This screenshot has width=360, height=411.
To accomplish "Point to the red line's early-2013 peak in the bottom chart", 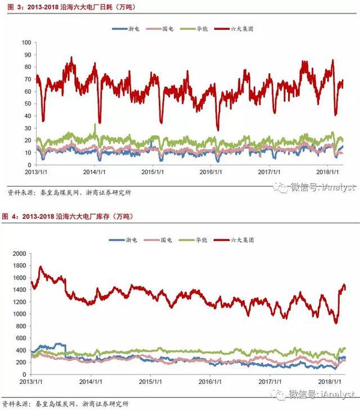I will pos(40,268).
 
